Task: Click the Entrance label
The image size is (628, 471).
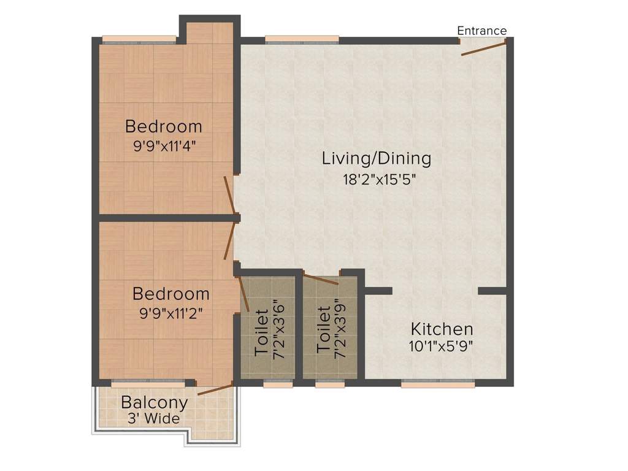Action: pyautogui.click(x=482, y=31)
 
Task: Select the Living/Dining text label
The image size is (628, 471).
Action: pyautogui.click(x=377, y=158)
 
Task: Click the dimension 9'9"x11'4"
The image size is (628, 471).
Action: pyautogui.click(x=163, y=147)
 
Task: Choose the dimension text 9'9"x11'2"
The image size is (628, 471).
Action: pyautogui.click(x=171, y=312)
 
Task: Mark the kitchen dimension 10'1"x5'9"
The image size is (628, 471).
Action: pyautogui.click(x=441, y=345)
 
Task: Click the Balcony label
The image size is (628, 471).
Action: pyautogui.click(x=154, y=403)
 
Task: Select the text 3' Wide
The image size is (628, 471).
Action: pyautogui.click(x=153, y=419)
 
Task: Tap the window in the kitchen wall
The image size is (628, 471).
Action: pyautogui.click(x=438, y=383)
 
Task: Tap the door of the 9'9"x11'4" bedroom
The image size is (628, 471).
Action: pyautogui.click(x=229, y=196)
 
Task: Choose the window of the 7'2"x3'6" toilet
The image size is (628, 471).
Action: pyautogui.click(x=278, y=383)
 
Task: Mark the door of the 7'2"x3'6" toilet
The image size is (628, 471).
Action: pyautogui.click(x=243, y=294)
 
